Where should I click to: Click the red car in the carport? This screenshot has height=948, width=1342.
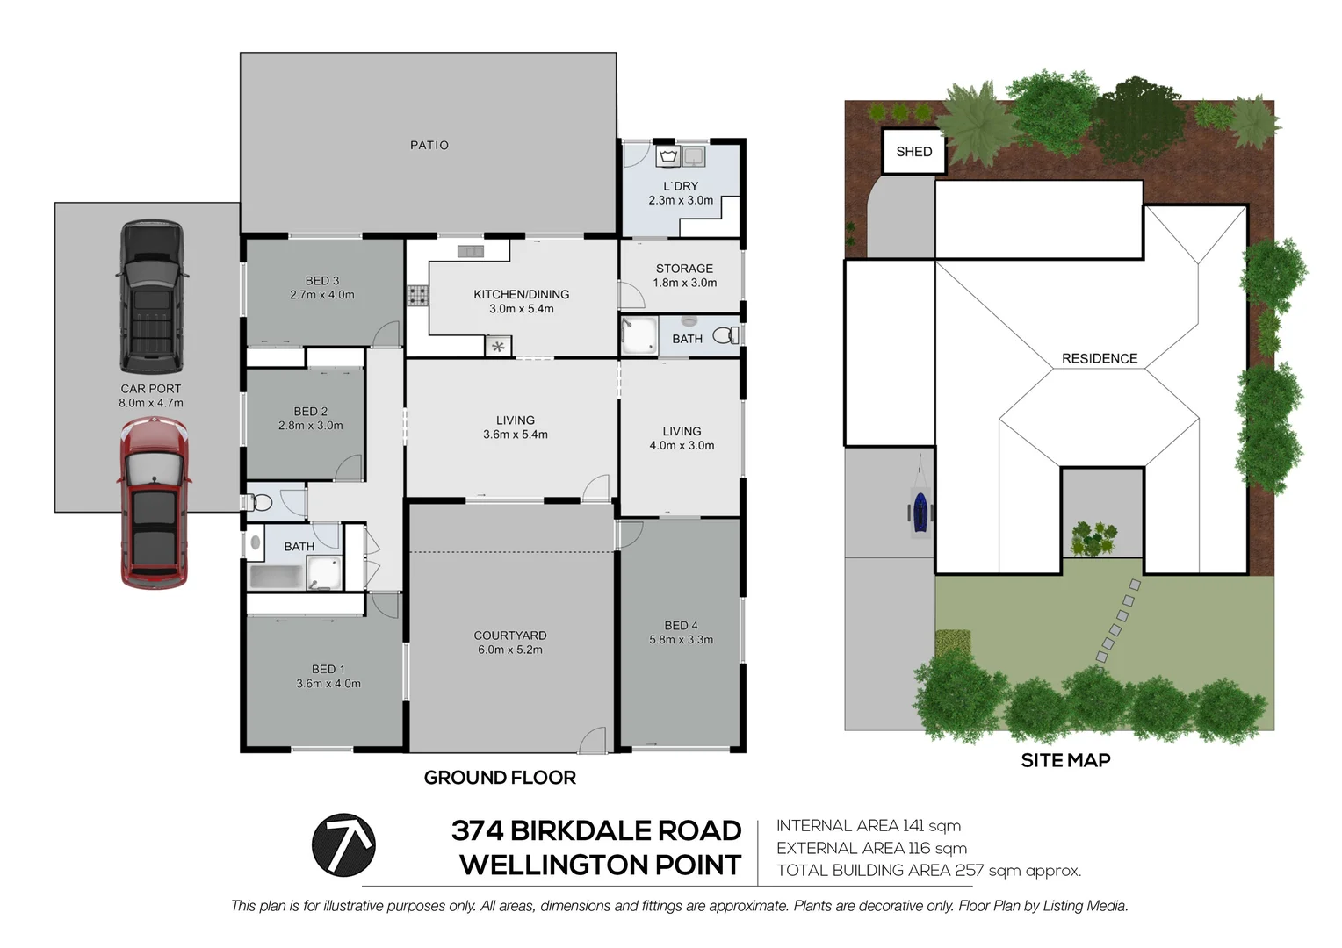click(154, 502)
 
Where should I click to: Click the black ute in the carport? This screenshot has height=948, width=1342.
click(152, 297)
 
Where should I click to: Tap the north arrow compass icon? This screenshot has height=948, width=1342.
click(343, 845)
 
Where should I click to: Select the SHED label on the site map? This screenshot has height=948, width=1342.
click(913, 152)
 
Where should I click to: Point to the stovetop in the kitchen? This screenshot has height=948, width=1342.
click(418, 296)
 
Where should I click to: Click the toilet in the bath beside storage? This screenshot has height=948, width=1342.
click(725, 335)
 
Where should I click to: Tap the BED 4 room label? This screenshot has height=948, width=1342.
click(681, 626)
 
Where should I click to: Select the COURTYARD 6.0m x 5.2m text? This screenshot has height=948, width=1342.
click(510, 643)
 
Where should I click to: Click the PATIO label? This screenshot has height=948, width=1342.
click(429, 146)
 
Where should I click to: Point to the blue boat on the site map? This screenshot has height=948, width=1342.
click(920, 511)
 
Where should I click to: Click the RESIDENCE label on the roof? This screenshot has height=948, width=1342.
click(1099, 358)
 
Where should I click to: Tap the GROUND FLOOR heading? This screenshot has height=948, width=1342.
click(500, 778)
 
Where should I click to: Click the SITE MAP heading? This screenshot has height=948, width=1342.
click(1065, 761)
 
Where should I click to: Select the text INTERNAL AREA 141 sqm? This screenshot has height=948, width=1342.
click(869, 826)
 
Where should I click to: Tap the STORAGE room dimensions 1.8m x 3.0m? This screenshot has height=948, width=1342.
click(685, 283)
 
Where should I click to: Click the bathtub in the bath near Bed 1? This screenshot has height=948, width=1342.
click(277, 576)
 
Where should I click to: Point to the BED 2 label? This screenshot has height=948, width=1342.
click(311, 411)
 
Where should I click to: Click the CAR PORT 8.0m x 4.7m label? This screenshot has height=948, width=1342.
click(151, 396)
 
